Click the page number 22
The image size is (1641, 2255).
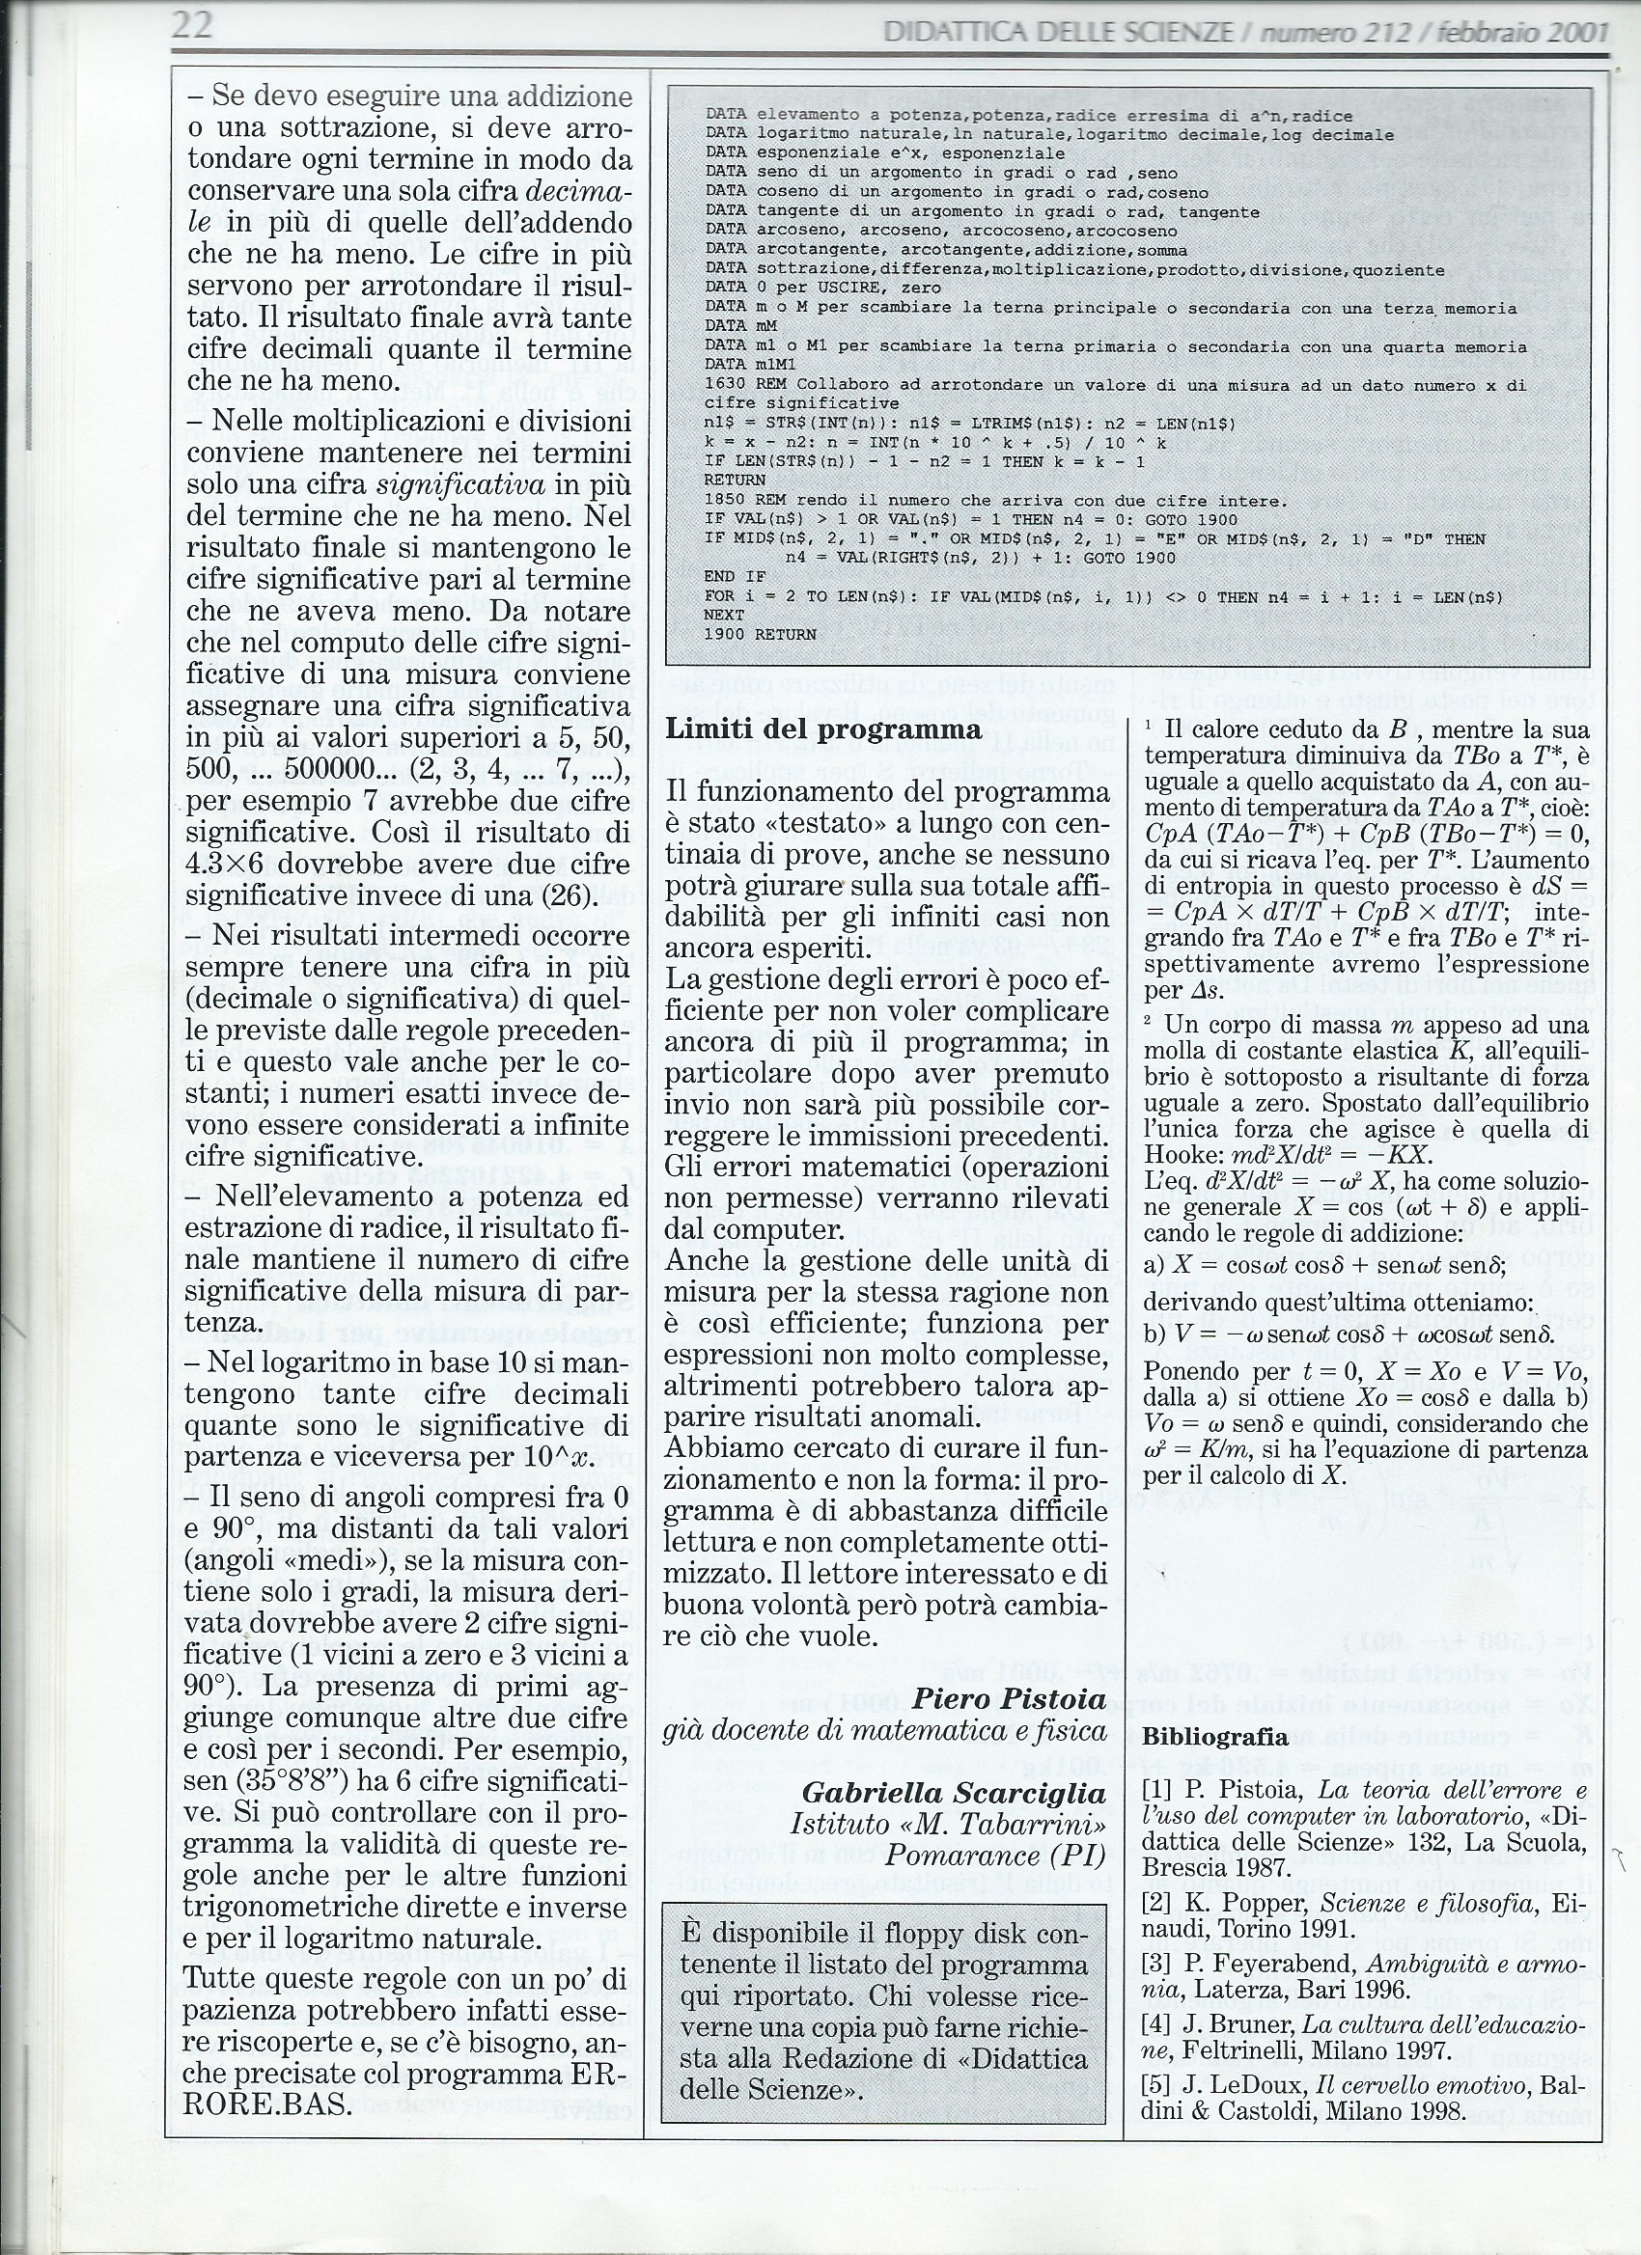pyautogui.click(x=192, y=24)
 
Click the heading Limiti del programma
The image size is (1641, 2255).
pyautogui.click(x=822, y=728)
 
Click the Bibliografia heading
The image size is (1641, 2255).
pyautogui.click(x=1215, y=1737)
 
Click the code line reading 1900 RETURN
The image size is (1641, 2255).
pyautogui.click(x=760, y=634)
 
